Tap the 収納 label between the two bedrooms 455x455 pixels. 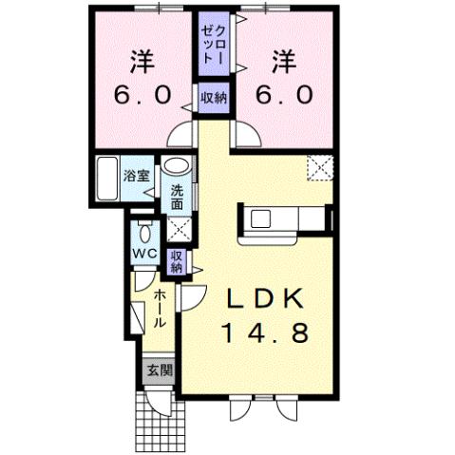pyautogui.click(x=214, y=97)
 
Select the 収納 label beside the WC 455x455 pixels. pyautogui.click(x=177, y=260)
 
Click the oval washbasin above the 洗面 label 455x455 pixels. pyautogui.click(x=176, y=168)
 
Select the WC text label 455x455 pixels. pyautogui.click(x=143, y=254)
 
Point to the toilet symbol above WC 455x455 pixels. pyautogui.click(x=143, y=231)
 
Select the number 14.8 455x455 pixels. pyautogui.click(x=266, y=333)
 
